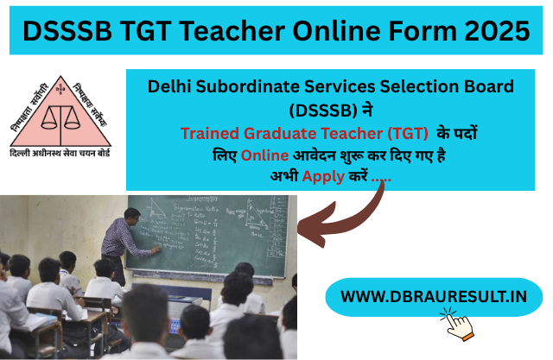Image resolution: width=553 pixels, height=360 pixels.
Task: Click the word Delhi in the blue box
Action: tap(171, 86)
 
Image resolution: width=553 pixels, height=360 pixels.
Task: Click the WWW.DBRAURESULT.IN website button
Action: tap(434, 296)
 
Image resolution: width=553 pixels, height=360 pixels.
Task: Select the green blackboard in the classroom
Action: tap(216, 233)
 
